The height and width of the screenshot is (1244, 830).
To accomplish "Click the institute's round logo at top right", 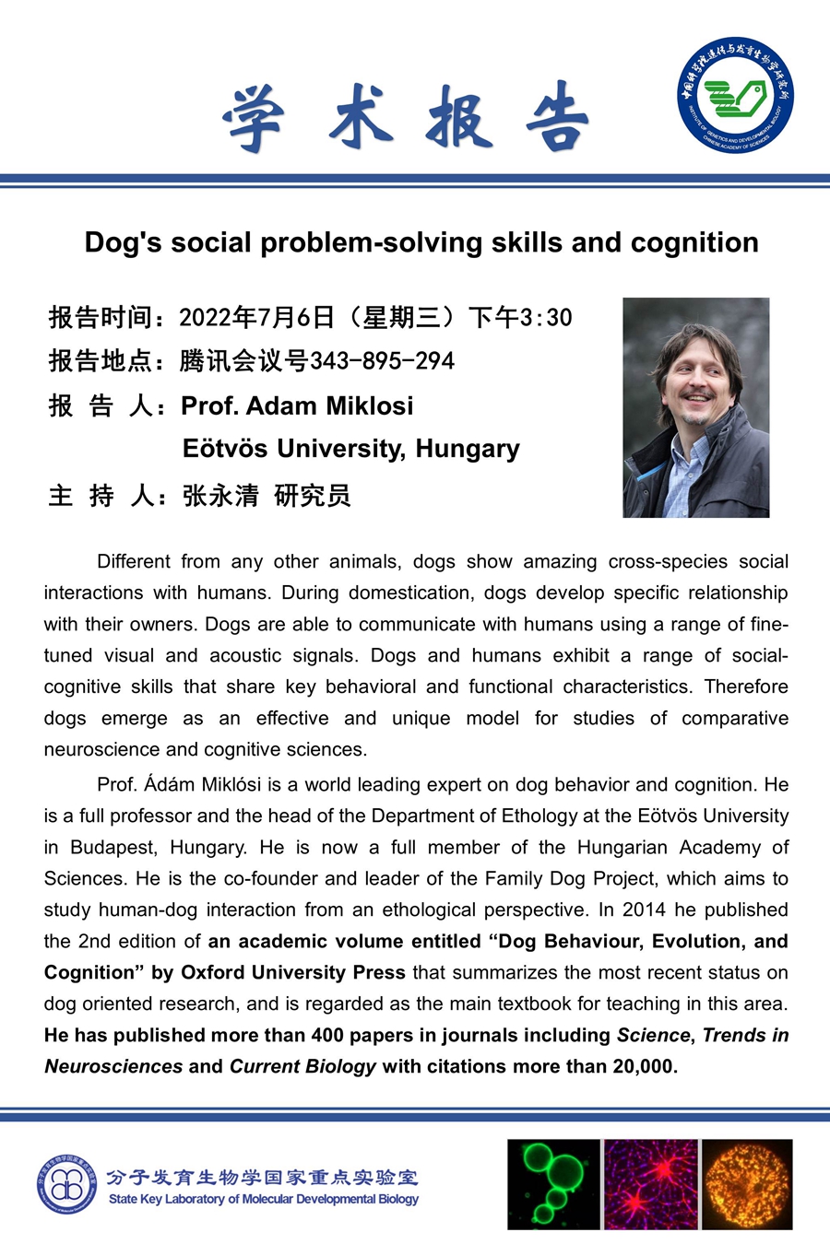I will (x=735, y=95).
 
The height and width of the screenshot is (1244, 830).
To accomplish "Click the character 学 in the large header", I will (x=254, y=118).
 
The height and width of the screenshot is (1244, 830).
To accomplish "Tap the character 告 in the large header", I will (x=557, y=118).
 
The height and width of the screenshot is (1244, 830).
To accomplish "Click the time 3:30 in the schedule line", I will (x=546, y=318).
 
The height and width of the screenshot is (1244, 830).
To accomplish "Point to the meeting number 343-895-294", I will (x=382, y=360).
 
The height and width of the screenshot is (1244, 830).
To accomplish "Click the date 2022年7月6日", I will (x=256, y=318).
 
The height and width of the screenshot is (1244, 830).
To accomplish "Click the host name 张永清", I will (x=220, y=496).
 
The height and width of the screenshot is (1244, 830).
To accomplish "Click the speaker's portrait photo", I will (x=695, y=407).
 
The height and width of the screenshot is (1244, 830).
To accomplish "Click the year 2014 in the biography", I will (x=644, y=910).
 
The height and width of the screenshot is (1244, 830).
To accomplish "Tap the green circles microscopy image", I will (x=553, y=1184).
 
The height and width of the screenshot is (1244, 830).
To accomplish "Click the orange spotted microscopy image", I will (x=747, y=1184).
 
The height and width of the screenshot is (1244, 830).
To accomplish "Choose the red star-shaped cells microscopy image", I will (x=650, y=1184).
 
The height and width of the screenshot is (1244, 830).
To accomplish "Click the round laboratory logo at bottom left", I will (x=66, y=1184).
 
